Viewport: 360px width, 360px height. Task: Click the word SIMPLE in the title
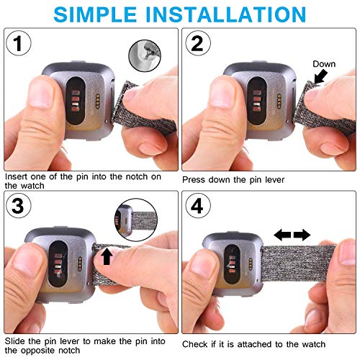coord(95,14)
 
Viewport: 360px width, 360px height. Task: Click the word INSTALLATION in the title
coord(226,14)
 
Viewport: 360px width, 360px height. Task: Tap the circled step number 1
coord(19,43)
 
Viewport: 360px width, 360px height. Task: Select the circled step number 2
coord(198,43)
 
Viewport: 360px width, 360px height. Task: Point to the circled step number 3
coord(19,206)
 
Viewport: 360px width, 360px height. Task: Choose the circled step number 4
coord(198,206)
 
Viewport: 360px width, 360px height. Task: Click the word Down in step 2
coord(324,64)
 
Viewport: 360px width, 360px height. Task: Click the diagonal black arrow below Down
coord(320,77)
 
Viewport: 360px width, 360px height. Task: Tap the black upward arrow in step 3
coord(107,256)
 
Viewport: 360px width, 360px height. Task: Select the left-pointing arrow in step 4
coord(282,235)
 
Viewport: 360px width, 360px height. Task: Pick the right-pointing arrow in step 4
coord(302,235)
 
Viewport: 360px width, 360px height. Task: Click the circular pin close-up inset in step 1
coord(145,55)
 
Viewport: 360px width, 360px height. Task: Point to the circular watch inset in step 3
coord(136,220)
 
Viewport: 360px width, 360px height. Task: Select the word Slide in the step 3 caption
coord(15,341)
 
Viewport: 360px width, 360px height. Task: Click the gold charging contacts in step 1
coord(98,101)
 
